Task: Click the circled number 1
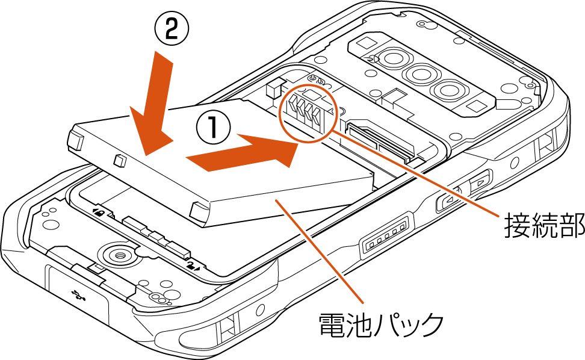point(213,127)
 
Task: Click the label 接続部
point(544,226)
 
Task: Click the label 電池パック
point(381,324)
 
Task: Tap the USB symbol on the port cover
point(79,295)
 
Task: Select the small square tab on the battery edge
point(119,160)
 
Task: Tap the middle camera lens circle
point(419,74)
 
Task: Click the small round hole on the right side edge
point(514,163)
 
